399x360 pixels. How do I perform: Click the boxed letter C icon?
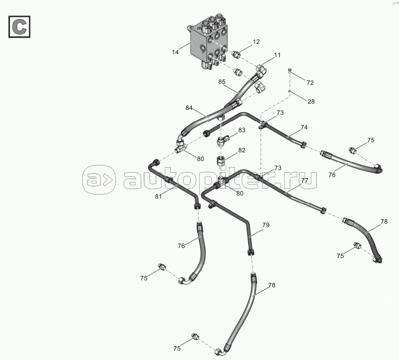[x=19, y=26]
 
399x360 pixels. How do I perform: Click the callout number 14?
[x=175, y=52]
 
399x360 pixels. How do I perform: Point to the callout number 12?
[x=256, y=42]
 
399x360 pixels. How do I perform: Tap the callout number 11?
[x=277, y=55]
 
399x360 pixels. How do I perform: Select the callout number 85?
[x=222, y=82]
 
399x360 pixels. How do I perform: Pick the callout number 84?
[x=189, y=108]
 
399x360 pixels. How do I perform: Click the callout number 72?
[x=310, y=83]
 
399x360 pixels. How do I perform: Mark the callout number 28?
[x=311, y=102]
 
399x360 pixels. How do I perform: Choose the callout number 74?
[x=304, y=127]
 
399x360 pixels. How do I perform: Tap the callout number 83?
[x=242, y=130]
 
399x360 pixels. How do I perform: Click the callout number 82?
[x=242, y=150]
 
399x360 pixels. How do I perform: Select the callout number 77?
[x=305, y=181]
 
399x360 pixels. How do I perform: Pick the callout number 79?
[x=266, y=225]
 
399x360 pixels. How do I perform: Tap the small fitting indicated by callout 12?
[x=236, y=54]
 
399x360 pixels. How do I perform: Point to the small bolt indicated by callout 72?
[x=289, y=71]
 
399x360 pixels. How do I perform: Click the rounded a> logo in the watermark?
[x=99, y=180]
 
